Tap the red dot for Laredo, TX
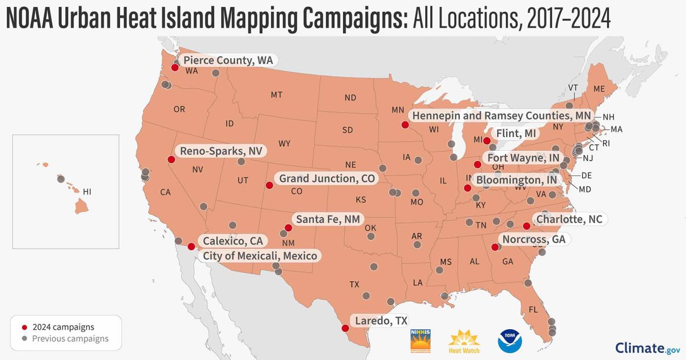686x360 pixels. click(x=345, y=328)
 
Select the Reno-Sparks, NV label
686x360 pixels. click(x=221, y=151)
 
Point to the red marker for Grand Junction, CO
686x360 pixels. click(x=269, y=185)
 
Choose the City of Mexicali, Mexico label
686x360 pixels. click(x=260, y=256)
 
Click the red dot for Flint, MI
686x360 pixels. click(x=487, y=141)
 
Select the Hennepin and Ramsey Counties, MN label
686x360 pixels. click(x=502, y=116)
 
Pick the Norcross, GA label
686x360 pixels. click(x=534, y=239)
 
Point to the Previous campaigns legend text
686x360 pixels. click(x=70, y=338)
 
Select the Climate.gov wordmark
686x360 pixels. click(x=647, y=348)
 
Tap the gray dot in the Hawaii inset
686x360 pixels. click(x=61, y=179)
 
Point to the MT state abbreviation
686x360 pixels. click(x=276, y=95)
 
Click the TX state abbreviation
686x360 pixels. click(x=354, y=284)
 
